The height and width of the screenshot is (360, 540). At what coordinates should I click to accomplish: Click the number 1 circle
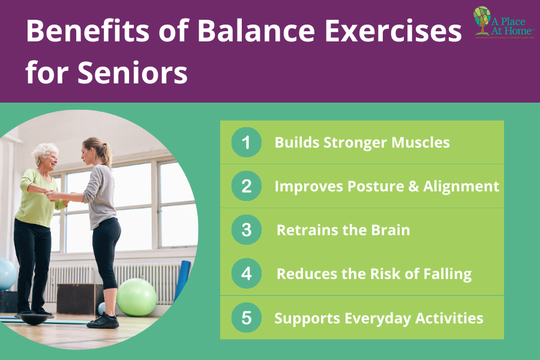coord(246,143)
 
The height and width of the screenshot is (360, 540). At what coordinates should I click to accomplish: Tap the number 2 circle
coord(246,186)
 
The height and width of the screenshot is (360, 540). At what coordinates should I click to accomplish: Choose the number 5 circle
coord(246,318)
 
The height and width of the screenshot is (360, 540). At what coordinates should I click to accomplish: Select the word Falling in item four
coord(443,274)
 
